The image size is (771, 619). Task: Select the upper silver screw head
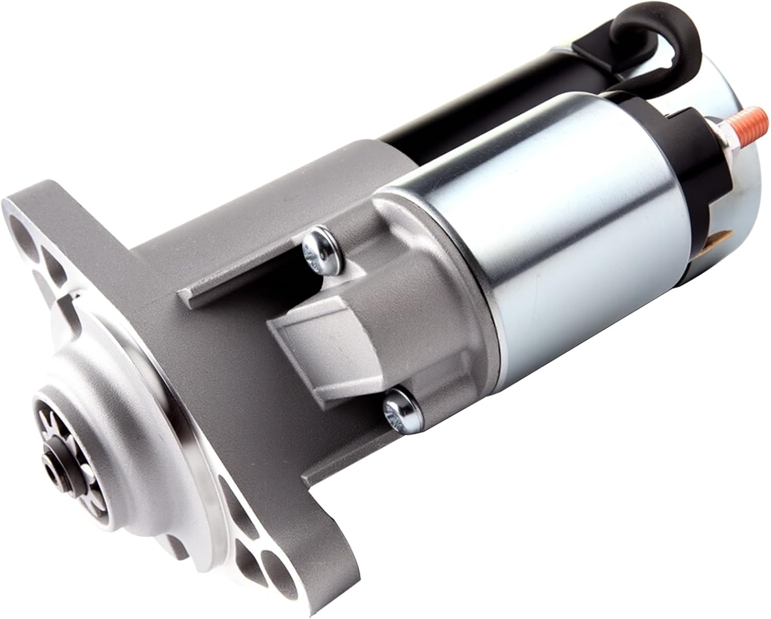(317, 249)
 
